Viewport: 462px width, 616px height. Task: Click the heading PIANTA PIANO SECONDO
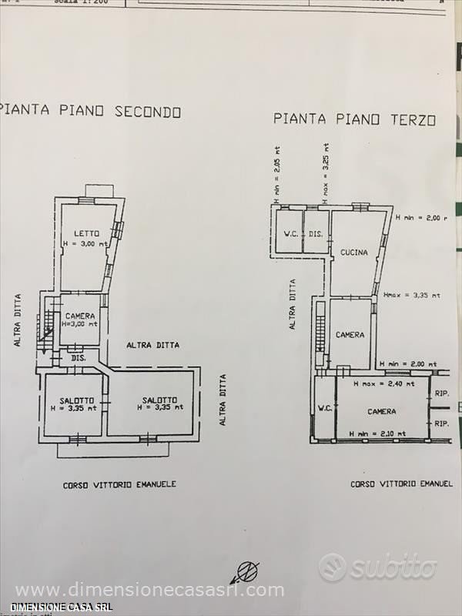click(91, 112)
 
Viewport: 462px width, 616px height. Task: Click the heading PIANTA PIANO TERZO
click(354, 119)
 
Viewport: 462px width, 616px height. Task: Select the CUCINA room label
click(351, 252)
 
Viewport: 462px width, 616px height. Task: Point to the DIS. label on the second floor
click(78, 359)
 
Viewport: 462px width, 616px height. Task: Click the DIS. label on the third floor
click(315, 234)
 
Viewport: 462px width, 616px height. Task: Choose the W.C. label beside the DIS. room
click(291, 234)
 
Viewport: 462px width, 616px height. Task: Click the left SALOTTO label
click(76, 400)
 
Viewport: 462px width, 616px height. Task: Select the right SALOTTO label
click(159, 400)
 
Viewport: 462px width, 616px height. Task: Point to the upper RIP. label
click(441, 393)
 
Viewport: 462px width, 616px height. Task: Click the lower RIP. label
click(441, 423)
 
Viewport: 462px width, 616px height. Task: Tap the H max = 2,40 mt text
click(383, 383)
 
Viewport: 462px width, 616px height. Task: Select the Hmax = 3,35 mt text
click(411, 294)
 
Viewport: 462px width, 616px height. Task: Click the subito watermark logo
click(378, 567)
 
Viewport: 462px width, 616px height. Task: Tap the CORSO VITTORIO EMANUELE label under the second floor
click(119, 484)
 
